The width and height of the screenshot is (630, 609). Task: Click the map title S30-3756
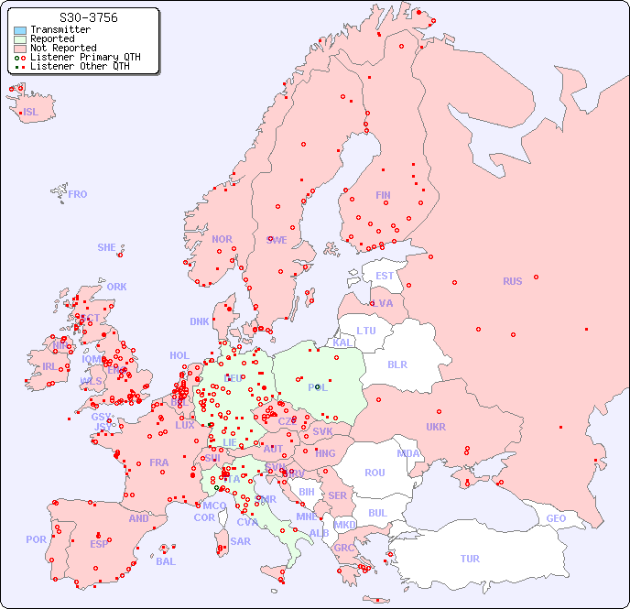pyautogui.click(x=88, y=17)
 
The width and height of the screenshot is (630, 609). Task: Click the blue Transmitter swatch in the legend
pyautogui.click(x=20, y=30)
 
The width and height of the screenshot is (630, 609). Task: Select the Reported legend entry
pyautogui.click(x=52, y=39)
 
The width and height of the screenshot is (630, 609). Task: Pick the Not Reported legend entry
pyautogui.click(x=62, y=49)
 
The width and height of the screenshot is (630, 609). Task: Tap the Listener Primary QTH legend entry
pyautogui.click(x=85, y=57)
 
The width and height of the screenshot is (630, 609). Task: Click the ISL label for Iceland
pyautogui.click(x=31, y=113)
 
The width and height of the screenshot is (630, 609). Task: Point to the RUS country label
pyautogui.click(x=512, y=281)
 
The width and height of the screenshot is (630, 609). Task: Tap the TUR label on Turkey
pyautogui.click(x=470, y=559)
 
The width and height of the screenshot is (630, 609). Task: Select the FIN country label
pyautogui.click(x=383, y=195)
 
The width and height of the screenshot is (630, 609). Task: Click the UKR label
pyautogui.click(x=435, y=427)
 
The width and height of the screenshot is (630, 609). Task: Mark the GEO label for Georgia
pyautogui.click(x=556, y=518)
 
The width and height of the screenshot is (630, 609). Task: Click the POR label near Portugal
pyautogui.click(x=36, y=539)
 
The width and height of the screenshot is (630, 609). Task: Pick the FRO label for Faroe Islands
pyautogui.click(x=78, y=194)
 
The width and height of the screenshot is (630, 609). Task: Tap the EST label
pyautogui.click(x=385, y=276)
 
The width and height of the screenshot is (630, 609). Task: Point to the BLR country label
pyautogui.click(x=396, y=364)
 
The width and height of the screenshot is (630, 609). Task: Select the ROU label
pyautogui.click(x=375, y=473)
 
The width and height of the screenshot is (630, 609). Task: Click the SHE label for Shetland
pyautogui.click(x=107, y=247)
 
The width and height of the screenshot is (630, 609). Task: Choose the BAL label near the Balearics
pyautogui.click(x=166, y=561)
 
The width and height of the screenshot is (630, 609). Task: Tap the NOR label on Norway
pyautogui.click(x=222, y=239)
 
